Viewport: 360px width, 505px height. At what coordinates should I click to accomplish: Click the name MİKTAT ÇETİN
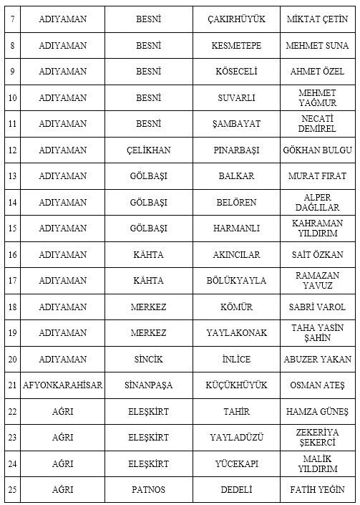(x=317, y=19)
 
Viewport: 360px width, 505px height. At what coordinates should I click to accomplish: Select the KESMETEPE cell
(x=236, y=46)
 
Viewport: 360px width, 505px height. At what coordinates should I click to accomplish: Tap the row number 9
(x=11, y=72)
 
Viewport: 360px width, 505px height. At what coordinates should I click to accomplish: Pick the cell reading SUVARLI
(x=236, y=98)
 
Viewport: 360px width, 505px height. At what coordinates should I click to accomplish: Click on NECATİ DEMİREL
(x=317, y=124)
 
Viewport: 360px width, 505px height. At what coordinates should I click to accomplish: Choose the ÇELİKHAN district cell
(x=149, y=150)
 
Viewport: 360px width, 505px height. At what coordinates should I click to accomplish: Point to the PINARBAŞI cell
(x=236, y=150)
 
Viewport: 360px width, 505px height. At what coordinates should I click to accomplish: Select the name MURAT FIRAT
(x=317, y=176)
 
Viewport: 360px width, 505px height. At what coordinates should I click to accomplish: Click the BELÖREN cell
(x=236, y=203)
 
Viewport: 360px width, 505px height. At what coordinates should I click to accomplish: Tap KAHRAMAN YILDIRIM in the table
(x=317, y=229)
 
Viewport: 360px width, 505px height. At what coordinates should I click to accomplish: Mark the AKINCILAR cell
(x=236, y=255)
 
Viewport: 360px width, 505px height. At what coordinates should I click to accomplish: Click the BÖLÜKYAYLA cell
(x=236, y=281)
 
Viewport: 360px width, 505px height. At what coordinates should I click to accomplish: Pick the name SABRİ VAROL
(x=317, y=307)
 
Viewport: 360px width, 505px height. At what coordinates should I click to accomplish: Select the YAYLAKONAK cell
(x=236, y=333)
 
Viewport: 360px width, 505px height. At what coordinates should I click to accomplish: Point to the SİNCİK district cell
(x=149, y=360)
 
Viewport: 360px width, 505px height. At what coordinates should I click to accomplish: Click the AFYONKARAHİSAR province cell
(x=63, y=385)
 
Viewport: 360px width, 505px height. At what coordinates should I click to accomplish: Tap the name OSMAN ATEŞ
(x=317, y=385)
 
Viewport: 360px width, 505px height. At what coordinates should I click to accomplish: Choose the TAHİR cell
(x=236, y=412)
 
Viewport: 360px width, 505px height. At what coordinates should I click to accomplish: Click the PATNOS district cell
(x=149, y=490)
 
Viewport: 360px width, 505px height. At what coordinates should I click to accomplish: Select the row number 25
(x=11, y=490)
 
